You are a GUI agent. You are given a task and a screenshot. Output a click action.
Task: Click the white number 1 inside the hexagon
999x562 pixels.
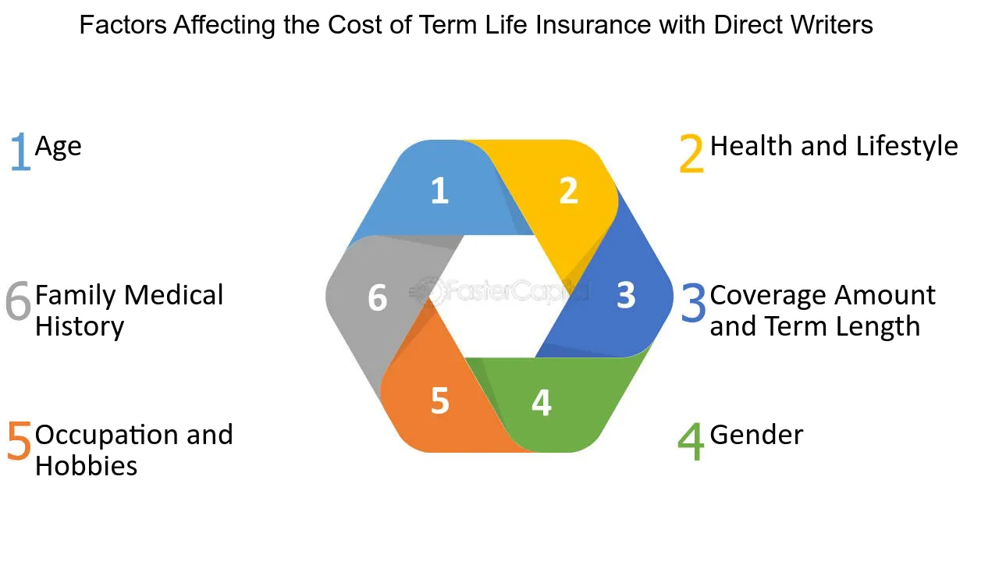[440, 190]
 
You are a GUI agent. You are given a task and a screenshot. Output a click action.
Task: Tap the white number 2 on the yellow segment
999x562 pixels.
[569, 190]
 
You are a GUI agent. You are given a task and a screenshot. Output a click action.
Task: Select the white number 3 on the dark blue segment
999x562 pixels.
[626, 295]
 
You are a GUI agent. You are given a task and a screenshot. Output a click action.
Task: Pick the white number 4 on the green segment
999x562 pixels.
[542, 402]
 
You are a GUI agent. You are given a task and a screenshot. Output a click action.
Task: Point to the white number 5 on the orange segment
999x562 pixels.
[440, 400]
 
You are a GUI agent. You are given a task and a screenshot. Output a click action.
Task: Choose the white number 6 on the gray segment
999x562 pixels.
[377, 297]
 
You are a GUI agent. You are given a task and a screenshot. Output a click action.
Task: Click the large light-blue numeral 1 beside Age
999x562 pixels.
[20, 151]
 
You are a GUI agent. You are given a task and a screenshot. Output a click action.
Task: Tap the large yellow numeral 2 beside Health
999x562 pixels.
[691, 153]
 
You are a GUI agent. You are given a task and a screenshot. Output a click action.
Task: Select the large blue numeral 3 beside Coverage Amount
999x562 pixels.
[694, 302]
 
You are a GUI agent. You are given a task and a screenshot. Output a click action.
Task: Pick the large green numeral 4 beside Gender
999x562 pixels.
[691, 441]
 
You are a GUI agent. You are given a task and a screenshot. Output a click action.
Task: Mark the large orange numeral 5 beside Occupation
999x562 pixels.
[20, 441]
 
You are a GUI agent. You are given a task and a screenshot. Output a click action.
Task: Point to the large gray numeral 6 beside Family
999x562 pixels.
[18, 301]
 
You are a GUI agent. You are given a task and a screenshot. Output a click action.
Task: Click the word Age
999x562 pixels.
[59, 148]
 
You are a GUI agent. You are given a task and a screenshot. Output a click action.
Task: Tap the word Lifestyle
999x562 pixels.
[907, 147]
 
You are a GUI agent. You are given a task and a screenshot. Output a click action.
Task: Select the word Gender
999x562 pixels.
[756, 435]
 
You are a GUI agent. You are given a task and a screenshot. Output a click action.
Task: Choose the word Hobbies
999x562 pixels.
[86, 466]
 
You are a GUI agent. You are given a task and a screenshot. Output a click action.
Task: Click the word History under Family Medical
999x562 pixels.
[80, 327]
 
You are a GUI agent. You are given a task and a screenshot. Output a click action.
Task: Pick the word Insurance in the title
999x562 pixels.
[593, 24]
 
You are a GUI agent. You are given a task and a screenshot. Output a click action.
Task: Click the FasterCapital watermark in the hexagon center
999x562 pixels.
[499, 292]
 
